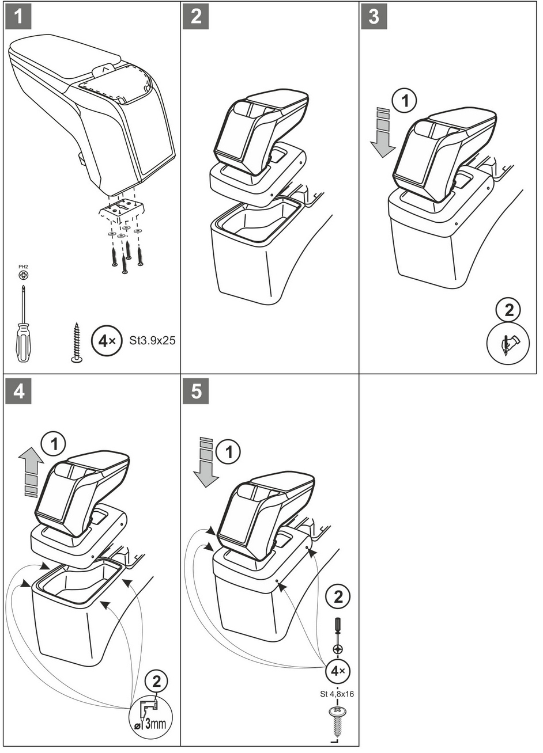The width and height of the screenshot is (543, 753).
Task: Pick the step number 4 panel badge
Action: pos(18,391)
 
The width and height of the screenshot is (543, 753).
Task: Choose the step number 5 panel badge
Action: pos(195,391)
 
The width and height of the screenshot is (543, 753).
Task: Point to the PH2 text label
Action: pos(23,267)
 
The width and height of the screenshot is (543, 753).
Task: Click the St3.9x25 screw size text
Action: pos(153,340)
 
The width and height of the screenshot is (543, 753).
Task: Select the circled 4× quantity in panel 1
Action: pos(105,340)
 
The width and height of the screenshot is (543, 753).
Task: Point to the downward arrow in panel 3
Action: pos(382,132)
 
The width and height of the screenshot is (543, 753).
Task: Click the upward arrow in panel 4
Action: pos(31,472)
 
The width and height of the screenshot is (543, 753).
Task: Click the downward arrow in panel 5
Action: pos(205,462)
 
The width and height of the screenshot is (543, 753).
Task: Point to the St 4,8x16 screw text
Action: pos(337,694)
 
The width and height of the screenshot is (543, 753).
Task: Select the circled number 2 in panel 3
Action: pos(508,310)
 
